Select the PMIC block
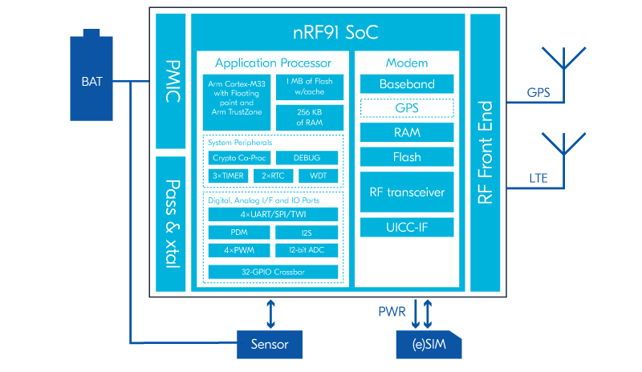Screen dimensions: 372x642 pos(170,81)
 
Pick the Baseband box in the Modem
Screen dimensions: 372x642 pos(407,84)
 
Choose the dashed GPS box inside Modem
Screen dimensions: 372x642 pos(407,107)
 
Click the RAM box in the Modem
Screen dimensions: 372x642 pos(407,132)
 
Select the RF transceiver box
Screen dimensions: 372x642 pos(407,192)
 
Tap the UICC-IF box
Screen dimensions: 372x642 pos(407,228)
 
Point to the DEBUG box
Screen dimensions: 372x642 pos(307,158)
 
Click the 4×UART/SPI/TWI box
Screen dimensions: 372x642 pos(273,215)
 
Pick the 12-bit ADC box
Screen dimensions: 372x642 pos(307,250)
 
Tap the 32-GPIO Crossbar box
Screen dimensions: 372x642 pos(273,272)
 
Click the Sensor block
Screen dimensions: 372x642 pos(270,345)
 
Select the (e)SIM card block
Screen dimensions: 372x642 pos(425,345)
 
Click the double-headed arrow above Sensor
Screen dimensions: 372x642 pos(270,313)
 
